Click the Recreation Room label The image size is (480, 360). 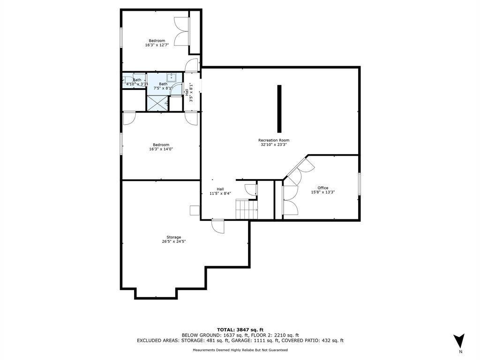[274, 140]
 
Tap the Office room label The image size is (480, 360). [322, 188]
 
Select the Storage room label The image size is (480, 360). [173, 237]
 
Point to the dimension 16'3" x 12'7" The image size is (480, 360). [157, 45]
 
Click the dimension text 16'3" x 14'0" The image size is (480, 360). [161, 149]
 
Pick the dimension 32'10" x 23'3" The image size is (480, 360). [274, 144]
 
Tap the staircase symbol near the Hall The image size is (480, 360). [247, 209]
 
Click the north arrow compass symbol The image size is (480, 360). [459, 341]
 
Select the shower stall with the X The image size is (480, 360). [157, 103]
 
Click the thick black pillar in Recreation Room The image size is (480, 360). [279, 109]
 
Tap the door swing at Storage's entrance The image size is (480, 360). [217, 226]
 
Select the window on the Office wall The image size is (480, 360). [360, 184]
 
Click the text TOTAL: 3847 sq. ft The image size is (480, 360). [240, 330]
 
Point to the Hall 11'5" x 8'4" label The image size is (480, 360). [220, 191]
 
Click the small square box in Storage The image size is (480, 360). [195, 210]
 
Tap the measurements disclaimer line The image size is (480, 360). [240, 350]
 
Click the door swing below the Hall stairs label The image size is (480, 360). [250, 190]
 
